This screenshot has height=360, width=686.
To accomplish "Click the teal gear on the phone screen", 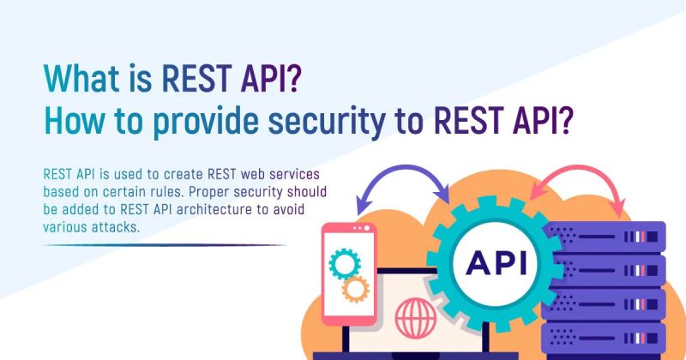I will [x=345, y=261].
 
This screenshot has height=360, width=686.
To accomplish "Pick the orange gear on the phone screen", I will [x=354, y=289].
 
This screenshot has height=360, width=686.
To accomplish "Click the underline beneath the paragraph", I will [x=163, y=245].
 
